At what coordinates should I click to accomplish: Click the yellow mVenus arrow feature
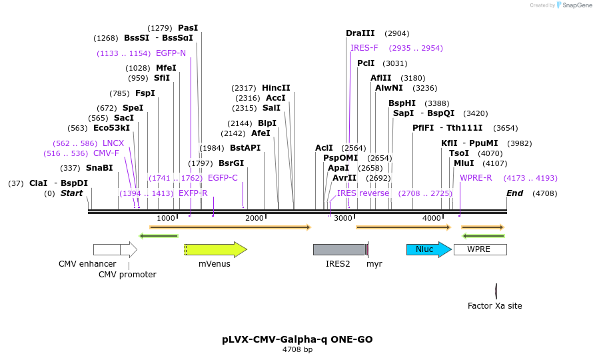[x=215, y=249]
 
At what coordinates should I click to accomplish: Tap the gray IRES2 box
[x=339, y=249]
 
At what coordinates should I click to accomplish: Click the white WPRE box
[x=480, y=249]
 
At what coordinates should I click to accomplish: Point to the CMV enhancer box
[x=107, y=249]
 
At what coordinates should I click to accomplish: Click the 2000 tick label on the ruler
[x=255, y=218]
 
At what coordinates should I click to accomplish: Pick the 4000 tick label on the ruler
[x=432, y=218]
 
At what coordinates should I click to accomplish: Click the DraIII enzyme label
[x=360, y=33]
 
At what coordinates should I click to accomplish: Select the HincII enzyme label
[x=276, y=88]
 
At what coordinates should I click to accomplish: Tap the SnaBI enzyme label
[x=99, y=168]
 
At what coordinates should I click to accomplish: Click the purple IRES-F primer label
[x=364, y=48]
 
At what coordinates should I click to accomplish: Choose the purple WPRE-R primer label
[x=476, y=178]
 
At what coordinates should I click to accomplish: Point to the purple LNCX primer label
[x=113, y=143]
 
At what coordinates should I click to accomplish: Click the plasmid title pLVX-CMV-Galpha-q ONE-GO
[x=297, y=339]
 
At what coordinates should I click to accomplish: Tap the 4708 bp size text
[x=297, y=350]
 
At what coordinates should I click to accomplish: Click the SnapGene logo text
[x=577, y=5]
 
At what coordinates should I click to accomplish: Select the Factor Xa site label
[x=494, y=306]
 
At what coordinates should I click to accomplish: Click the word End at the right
[x=514, y=193]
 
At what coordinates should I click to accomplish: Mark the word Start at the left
[x=71, y=193]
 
